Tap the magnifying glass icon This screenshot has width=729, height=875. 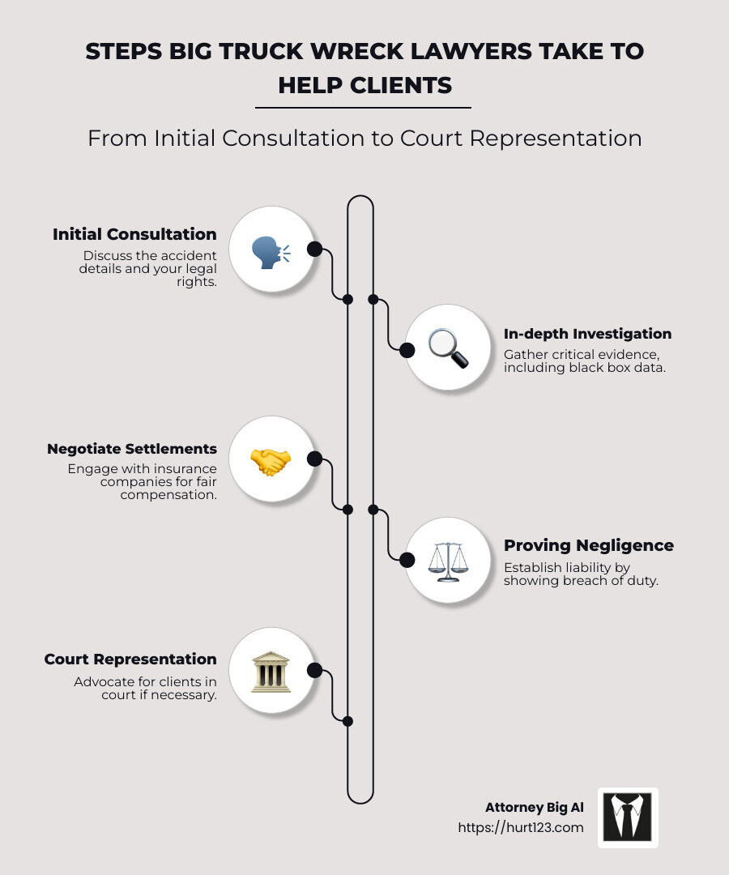pos(448,349)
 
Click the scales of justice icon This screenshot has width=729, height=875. pos(448,560)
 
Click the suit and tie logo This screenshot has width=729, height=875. pos(628,817)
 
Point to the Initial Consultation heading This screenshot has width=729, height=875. pos(134,234)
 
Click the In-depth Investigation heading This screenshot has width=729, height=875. pos(587,333)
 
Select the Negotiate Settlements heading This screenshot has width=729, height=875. pos(132,448)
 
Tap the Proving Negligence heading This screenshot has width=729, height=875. pos(589,545)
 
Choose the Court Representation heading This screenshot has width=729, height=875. pos(130,659)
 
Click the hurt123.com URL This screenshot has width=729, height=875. pos(520,827)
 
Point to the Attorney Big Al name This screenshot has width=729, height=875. pos(534,807)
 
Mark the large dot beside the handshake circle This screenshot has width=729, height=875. pos(315,459)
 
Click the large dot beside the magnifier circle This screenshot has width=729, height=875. pos(407,349)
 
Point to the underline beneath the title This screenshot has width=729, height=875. pos(363,107)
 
